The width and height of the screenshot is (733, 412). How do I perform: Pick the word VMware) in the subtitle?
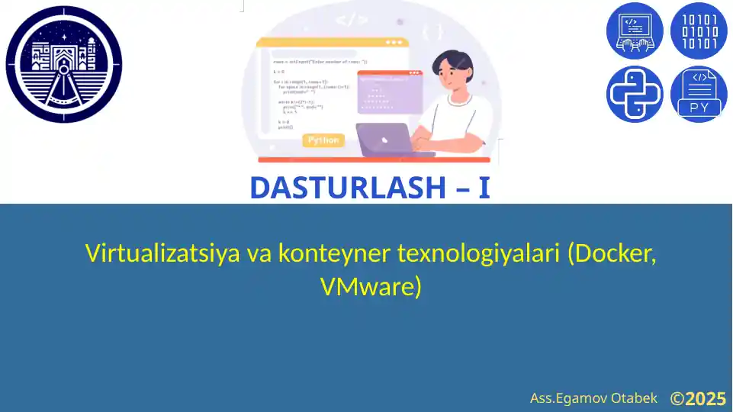point(371,287)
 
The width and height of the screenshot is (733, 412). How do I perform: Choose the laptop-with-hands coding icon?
point(635,31)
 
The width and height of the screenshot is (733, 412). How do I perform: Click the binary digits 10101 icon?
point(699,31)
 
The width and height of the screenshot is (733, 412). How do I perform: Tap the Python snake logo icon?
point(635,94)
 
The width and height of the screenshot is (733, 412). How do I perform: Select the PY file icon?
point(699,94)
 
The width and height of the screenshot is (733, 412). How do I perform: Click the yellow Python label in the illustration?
point(324,140)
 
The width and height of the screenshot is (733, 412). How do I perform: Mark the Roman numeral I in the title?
point(484,188)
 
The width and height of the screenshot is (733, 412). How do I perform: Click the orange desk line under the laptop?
point(374,160)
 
